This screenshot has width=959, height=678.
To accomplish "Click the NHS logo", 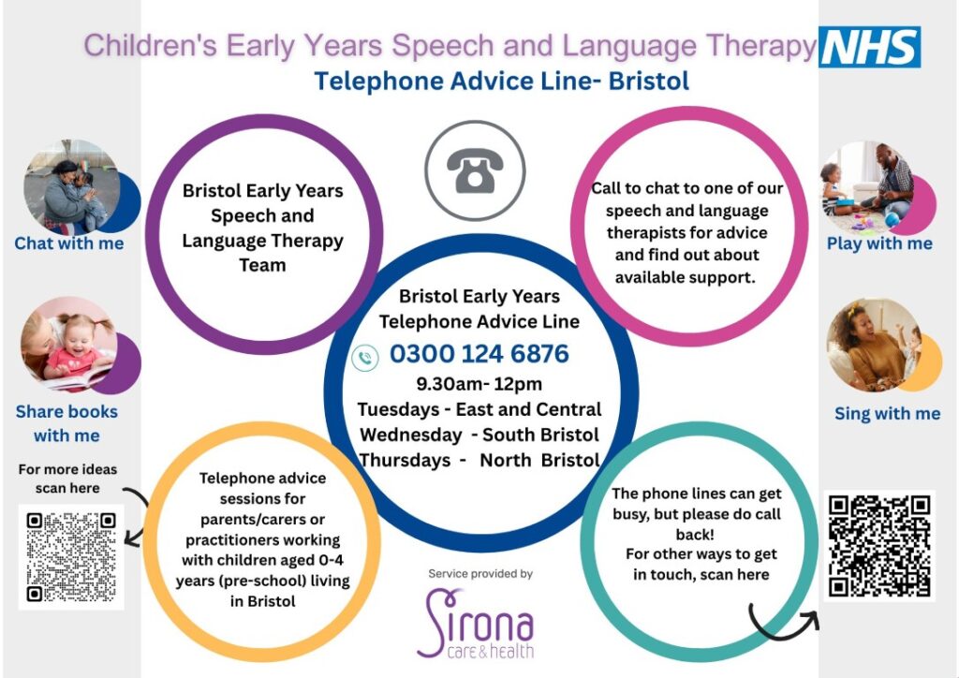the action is click(x=870, y=47).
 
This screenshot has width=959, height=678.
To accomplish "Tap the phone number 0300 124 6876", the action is click(x=479, y=354).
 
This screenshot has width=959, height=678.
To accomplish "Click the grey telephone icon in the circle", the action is click(x=475, y=170).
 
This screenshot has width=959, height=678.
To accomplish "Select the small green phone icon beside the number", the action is click(x=366, y=358).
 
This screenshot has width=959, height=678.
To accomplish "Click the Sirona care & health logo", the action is click(x=475, y=624).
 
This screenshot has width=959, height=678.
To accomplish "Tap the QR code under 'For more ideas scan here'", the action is click(x=71, y=557).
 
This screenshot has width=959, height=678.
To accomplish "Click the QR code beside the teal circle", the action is click(x=879, y=546).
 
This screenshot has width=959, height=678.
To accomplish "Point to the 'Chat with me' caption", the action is click(x=69, y=243).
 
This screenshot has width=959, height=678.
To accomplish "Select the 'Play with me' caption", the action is click(x=879, y=243).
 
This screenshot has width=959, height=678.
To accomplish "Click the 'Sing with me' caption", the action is click(x=888, y=414).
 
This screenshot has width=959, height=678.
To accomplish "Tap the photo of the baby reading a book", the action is click(x=68, y=344).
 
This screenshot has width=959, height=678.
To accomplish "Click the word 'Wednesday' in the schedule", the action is click(x=411, y=435).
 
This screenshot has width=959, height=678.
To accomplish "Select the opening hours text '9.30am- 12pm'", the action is click(x=479, y=384).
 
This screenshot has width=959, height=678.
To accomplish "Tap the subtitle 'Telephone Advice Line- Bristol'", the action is click(x=502, y=81).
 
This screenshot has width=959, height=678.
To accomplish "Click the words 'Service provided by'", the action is click(x=480, y=573).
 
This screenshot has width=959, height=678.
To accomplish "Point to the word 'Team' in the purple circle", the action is click(x=262, y=265).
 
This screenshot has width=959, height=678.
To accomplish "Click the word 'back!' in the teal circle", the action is click(x=695, y=535).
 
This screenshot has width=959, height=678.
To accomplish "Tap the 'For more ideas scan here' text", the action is click(x=67, y=479).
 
